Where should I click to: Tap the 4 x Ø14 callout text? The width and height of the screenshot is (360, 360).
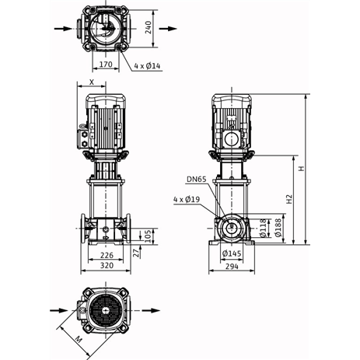(147, 66)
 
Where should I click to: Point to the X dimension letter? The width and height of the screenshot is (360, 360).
(93, 81)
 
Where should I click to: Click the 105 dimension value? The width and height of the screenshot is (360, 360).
(148, 234)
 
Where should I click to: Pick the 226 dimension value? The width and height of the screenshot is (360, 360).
(106, 255)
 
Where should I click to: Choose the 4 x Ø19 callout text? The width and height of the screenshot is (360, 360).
(187, 199)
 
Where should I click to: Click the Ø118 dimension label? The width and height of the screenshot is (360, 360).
(263, 228)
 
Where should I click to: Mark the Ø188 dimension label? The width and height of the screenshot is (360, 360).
(276, 227)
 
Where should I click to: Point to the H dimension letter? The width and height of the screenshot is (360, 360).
(301, 166)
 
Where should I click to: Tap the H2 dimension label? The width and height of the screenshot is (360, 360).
(288, 199)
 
